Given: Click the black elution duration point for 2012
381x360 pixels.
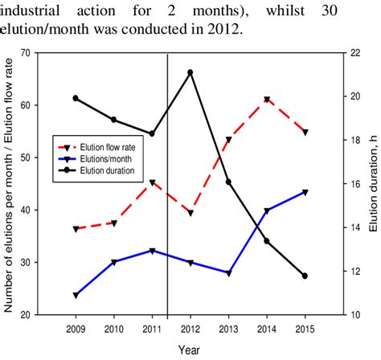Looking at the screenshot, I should click(190, 72).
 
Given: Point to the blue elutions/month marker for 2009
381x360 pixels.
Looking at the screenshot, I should click(76, 296).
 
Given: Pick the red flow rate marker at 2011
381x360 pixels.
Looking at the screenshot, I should click(152, 183).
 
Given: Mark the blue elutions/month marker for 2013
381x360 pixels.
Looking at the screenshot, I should click(228, 273).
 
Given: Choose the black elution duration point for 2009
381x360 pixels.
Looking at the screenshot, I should click(76, 98).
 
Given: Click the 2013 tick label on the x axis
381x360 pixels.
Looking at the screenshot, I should click(228, 329).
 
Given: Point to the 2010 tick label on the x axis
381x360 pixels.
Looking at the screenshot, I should click(113, 329).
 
